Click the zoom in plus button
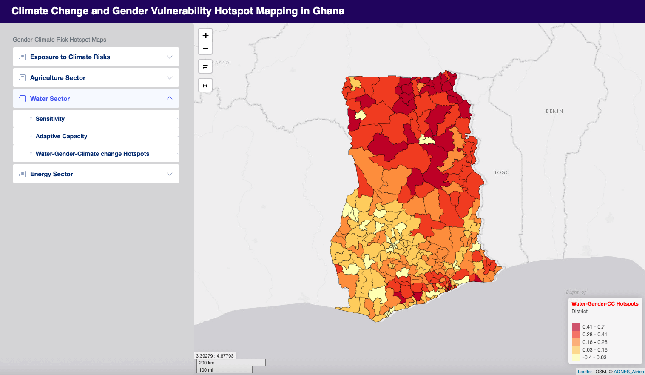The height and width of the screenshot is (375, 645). pyautogui.click(x=205, y=36)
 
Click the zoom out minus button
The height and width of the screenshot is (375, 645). pyautogui.click(x=205, y=48)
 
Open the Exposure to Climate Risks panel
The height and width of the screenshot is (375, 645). pyautogui.click(x=70, y=57)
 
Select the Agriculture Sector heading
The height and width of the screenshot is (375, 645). pyautogui.click(x=58, y=78)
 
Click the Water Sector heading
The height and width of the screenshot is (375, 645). pyautogui.click(x=50, y=99)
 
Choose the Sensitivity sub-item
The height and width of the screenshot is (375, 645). pyautogui.click(x=50, y=119)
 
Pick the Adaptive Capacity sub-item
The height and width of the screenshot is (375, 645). pyautogui.click(x=61, y=136)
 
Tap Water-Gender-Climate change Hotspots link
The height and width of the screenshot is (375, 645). pyautogui.click(x=92, y=154)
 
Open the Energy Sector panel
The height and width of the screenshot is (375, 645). pyautogui.click(x=51, y=174)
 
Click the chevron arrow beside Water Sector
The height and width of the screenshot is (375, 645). pyautogui.click(x=170, y=98)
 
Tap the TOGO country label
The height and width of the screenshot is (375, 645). pyautogui.click(x=502, y=172)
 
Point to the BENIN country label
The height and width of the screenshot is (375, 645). pyautogui.click(x=554, y=111)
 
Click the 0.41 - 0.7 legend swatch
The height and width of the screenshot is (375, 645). pyautogui.click(x=576, y=327)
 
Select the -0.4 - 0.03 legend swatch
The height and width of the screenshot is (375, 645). pyautogui.click(x=576, y=358)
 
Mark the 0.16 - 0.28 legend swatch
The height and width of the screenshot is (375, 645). pyautogui.click(x=576, y=342)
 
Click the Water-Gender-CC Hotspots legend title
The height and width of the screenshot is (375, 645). pyautogui.click(x=605, y=304)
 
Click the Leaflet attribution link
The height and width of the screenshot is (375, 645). pyautogui.click(x=585, y=372)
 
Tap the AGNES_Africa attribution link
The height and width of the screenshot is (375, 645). pyautogui.click(x=628, y=372)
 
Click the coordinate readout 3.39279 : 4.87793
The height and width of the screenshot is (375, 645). pyautogui.click(x=215, y=356)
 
